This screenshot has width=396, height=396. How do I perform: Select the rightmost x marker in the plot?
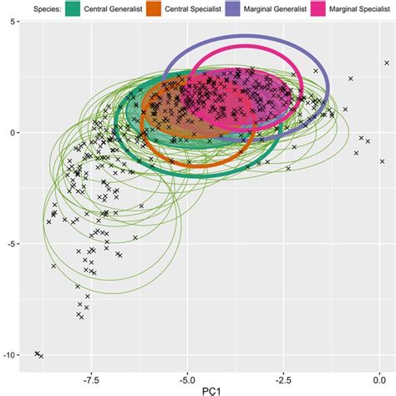[386, 63]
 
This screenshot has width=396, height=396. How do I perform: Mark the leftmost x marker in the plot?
[37, 353]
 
